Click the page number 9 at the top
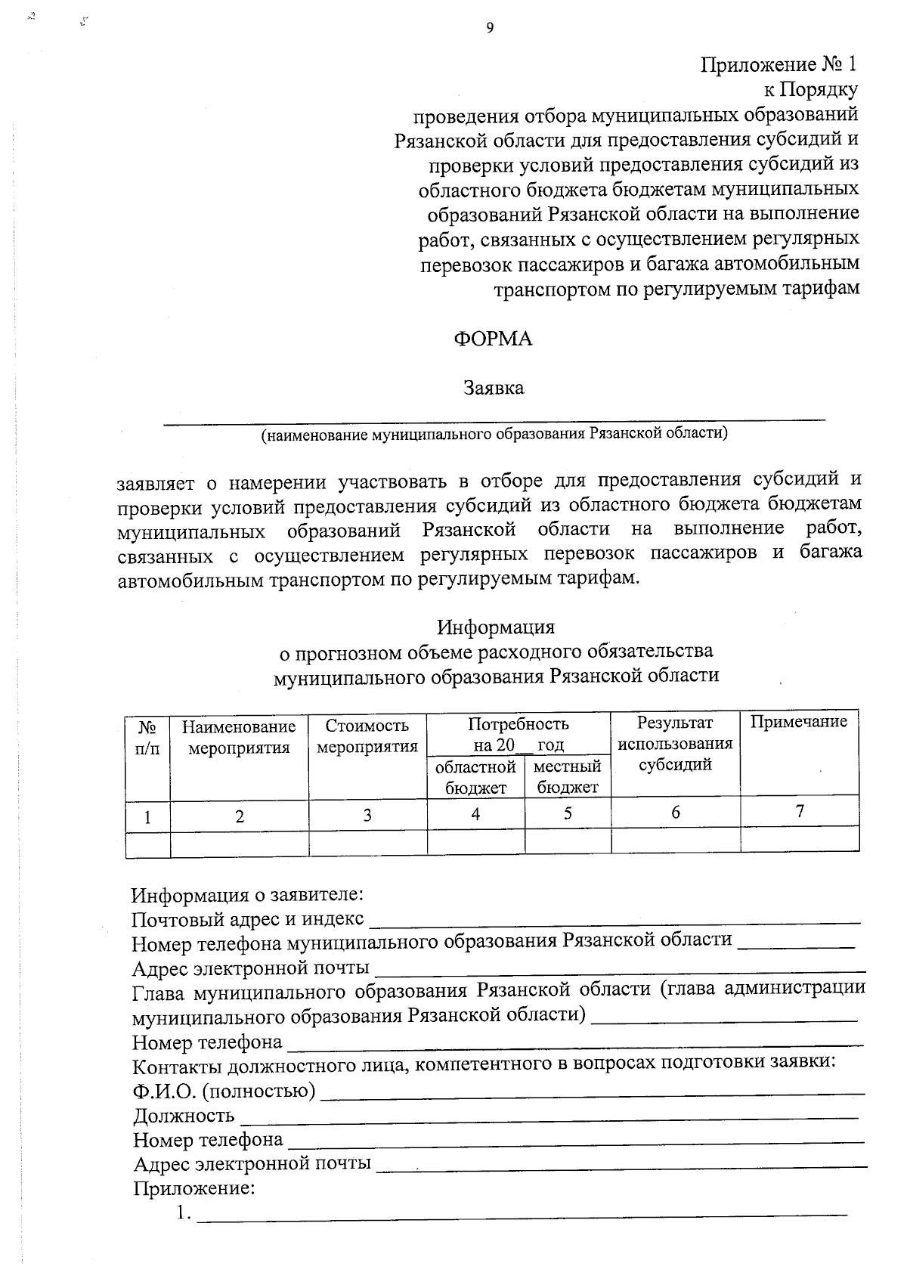click(x=489, y=29)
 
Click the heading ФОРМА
click(x=493, y=339)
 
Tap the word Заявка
click(x=494, y=389)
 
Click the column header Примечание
click(x=798, y=722)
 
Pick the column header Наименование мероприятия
click(x=239, y=737)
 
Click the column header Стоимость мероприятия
click(x=367, y=737)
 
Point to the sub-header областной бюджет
click(x=475, y=777)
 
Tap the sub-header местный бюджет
click(x=567, y=777)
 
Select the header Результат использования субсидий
click(x=675, y=743)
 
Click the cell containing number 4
click(x=475, y=814)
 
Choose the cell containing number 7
click(x=799, y=812)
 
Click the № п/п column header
click(x=148, y=737)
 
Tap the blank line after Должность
click(x=548, y=1116)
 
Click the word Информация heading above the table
click(x=495, y=627)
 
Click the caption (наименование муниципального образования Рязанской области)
click(x=494, y=434)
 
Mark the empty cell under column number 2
click(x=239, y=843)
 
